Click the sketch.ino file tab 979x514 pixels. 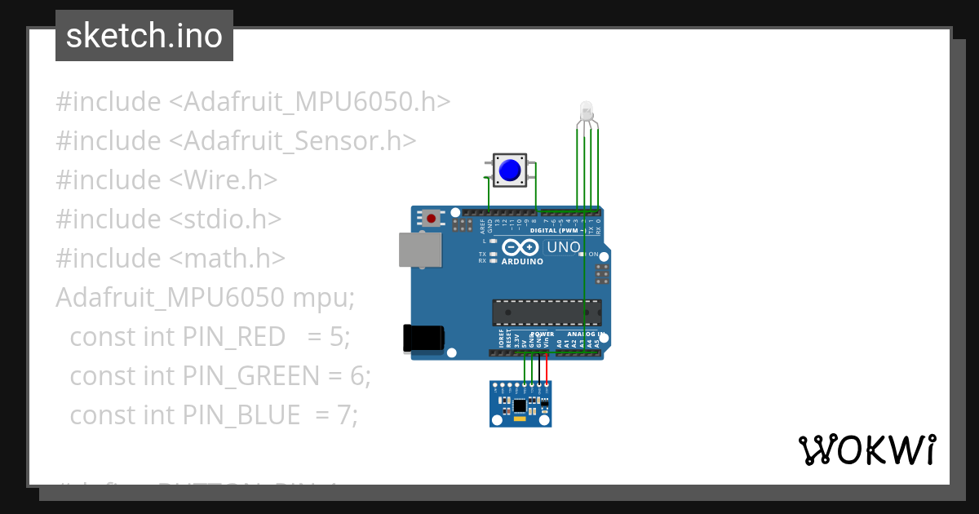144,36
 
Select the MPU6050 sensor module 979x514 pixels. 521,404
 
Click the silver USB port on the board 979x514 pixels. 420,250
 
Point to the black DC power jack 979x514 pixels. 423,339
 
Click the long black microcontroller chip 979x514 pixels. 547,312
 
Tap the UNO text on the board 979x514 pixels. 563,247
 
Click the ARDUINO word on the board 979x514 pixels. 522,262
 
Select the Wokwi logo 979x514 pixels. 866,450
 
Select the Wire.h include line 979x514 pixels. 166,179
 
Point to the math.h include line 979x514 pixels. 171,258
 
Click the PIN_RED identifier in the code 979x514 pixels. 233,336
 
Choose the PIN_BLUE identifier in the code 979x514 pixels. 241,414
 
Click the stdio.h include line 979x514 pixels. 169,219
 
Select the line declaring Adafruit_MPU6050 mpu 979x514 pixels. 205,297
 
